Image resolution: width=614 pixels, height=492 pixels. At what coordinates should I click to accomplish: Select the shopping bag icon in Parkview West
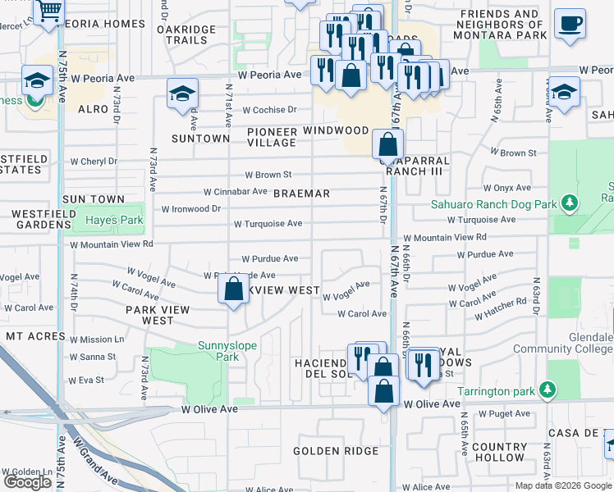pyautogui.click(x=234, y=289)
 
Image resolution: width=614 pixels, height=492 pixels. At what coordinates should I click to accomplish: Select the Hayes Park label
pyautogui.click(x=114, y=220)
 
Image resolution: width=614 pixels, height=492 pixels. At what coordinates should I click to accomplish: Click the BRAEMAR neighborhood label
pyautogui.click(x=301, y=194)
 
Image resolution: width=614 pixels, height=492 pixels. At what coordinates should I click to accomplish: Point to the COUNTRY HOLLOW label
pyautogui.click(x=500, y=452)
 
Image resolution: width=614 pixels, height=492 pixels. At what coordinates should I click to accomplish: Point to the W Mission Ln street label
pyautogui.click(x=97, y=339)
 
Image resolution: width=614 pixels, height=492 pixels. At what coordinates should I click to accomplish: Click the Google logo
pyautogui.click(x=28, y=482)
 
